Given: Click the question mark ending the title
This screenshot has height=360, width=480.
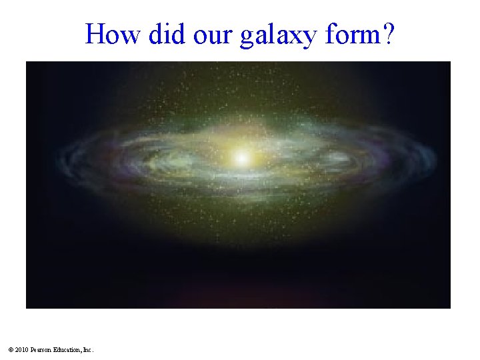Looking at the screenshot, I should click(387, 33).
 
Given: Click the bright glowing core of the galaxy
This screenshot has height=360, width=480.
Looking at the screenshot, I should click(242, 159).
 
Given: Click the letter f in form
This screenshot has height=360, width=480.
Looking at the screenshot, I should click(331, 33).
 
